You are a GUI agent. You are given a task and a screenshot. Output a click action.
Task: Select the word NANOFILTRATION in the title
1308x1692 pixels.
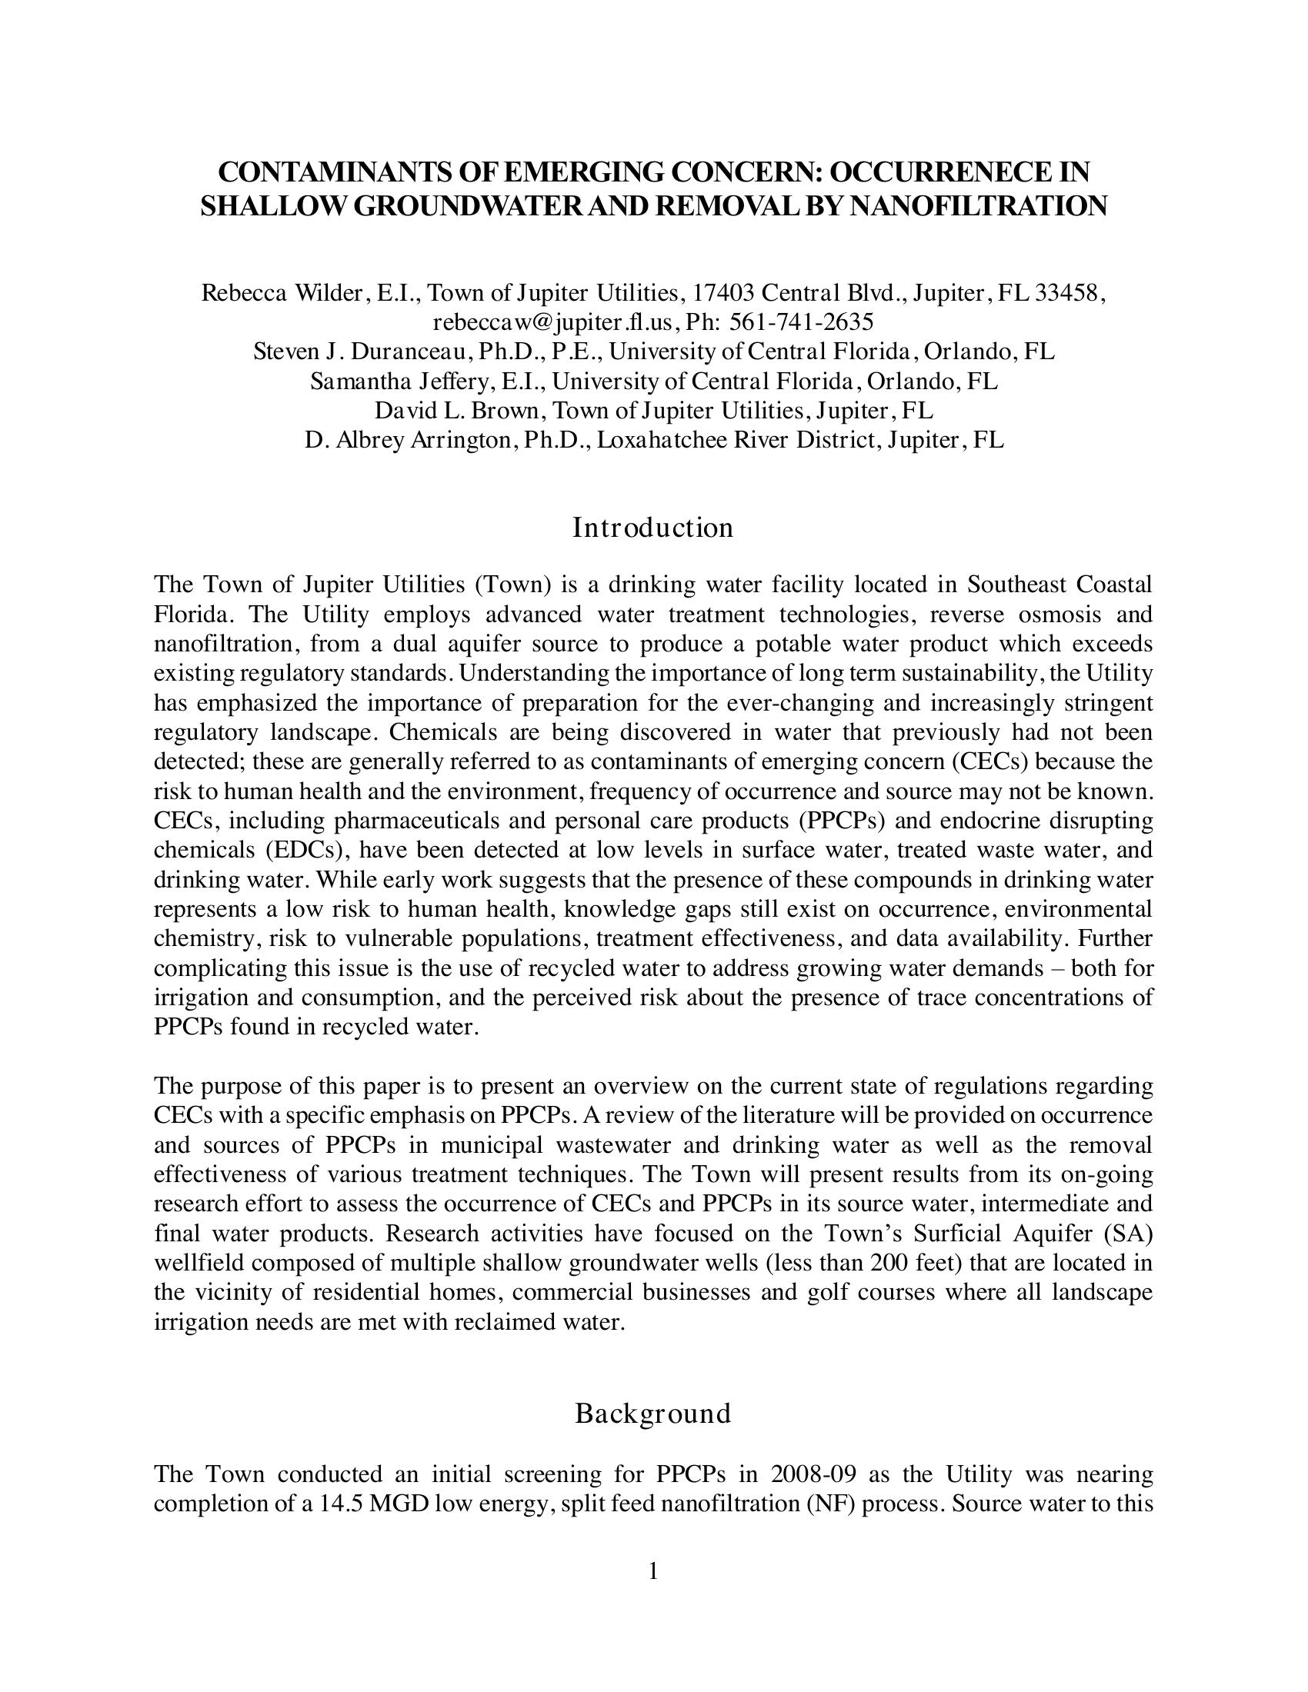point(979,206)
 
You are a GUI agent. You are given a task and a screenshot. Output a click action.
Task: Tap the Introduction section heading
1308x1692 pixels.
point(653,528)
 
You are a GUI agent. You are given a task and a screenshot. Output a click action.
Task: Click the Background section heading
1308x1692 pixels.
point(653,1414)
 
